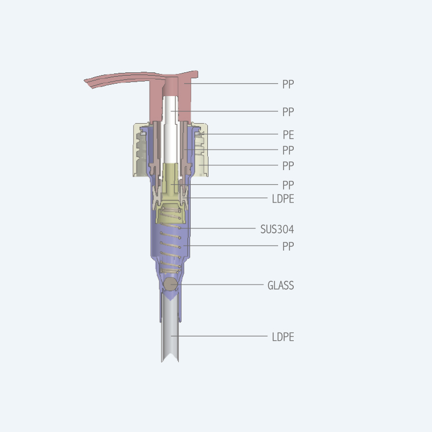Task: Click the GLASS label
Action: [x=280, y=285]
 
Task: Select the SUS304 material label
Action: [x=277, y=229]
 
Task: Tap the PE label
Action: [x=288, y=134]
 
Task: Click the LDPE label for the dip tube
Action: [x=282, y=336]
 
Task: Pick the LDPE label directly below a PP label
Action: [x=282, y=199]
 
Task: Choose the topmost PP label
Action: [x=288, y=84]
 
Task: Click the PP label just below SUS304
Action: [x=288, y=246]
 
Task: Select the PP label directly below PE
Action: [x=288, y=150]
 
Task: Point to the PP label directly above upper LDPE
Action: [x=288, y=185]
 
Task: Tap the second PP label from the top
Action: [x=288, y=112]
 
